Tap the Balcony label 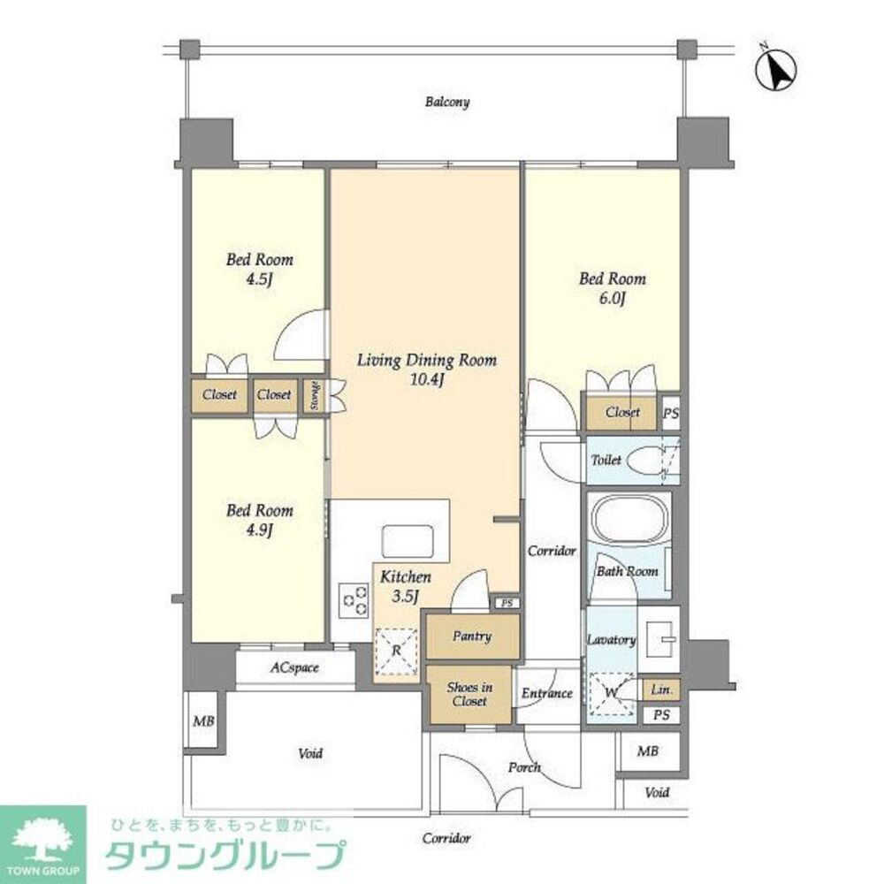[x=446, y=103]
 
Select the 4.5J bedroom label [x=259, y=270]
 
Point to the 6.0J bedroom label [x=612, y=288]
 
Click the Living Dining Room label [x=426, y=370]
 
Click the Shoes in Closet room [x=469, y=695]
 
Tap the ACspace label [x=294, y=668]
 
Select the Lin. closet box [x=660, y=690]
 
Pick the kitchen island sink [x=407, y=541]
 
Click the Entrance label [x=546, y=694]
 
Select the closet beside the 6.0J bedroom [x=622, y=413]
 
